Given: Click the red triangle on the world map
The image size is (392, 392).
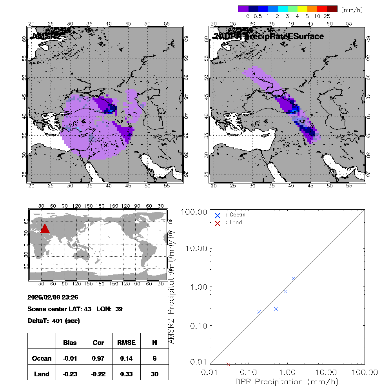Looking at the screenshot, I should pos(45,229).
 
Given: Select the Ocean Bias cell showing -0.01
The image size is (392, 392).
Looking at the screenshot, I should pos(70,358).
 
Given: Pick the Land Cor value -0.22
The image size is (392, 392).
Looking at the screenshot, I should pos(98,374).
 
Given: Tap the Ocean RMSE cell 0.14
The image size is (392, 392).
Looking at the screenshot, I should pos(126,358).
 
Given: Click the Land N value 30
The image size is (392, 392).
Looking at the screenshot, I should pos(154,374).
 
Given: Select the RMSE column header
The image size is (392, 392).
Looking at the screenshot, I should pos(126,343).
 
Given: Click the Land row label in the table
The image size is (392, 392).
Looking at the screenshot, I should pos(42,374).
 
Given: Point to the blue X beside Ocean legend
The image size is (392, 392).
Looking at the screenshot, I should pos(218,215).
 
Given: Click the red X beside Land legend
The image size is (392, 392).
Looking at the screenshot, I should pos(218,223).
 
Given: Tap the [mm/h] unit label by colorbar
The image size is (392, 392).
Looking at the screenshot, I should pos(352,9).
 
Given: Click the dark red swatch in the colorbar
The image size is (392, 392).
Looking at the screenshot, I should pos(332,9).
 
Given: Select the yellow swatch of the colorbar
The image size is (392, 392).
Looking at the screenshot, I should pos(302,9).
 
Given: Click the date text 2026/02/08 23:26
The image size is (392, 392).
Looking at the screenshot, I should pos(53,298).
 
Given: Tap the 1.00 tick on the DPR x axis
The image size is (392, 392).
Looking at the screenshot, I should pos(287,372).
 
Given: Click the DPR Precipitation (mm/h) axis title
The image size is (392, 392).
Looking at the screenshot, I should pos(287,381).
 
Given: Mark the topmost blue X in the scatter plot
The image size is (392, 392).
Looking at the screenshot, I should pos(294,279).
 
